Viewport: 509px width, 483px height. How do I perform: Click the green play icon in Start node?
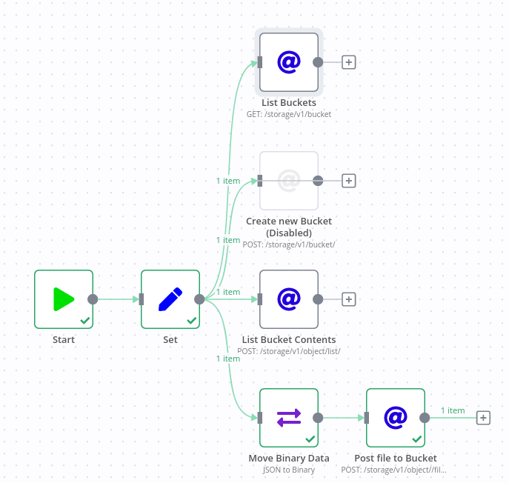(64, 299)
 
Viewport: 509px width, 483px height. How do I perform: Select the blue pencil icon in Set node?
(170, 299)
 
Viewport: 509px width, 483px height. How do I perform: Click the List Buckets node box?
(289, 62)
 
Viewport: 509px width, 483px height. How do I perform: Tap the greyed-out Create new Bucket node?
(289, 181)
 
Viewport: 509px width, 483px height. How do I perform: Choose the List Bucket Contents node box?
(289, 299)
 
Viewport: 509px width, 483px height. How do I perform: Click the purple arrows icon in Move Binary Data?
(289, 418)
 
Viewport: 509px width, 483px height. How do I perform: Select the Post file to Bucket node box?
(396, 418)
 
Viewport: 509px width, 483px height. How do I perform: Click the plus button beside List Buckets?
(349, 62)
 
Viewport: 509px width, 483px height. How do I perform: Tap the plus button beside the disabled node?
(349, 181)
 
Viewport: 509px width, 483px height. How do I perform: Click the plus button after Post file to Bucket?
(483, 418)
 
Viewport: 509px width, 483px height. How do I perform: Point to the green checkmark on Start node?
(85, 321)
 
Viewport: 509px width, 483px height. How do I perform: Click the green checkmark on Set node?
(192, 321)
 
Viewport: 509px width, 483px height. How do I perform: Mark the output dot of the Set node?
(199, 299)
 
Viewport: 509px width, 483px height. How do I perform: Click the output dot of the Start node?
(93, 299)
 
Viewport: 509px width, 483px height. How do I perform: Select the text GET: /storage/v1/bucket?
(289, 115)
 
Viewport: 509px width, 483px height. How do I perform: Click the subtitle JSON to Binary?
(289, 470)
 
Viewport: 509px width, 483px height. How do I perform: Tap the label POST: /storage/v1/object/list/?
(289, 351)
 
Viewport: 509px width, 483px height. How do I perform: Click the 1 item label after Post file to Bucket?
(453, 410)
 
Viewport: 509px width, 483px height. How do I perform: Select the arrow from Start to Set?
(117, 299)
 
